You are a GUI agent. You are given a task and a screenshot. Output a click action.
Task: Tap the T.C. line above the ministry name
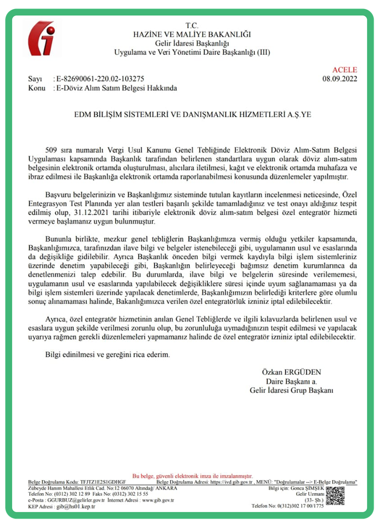tap(191, 26)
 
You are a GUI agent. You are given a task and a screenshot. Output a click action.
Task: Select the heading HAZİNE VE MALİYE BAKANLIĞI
tap(192, 34)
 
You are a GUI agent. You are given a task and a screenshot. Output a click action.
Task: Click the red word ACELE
tap(345, 70)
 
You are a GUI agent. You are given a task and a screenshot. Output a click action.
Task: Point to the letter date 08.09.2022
tap(340, 79)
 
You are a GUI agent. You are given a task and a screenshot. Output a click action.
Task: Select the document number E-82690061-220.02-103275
tap(99, 79)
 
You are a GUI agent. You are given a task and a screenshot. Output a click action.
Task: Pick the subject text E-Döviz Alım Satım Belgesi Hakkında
tap(115, 88)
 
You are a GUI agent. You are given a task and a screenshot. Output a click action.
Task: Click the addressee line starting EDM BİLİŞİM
tap(192, 115)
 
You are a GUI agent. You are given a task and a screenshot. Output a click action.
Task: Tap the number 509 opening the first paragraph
tap(52, 150)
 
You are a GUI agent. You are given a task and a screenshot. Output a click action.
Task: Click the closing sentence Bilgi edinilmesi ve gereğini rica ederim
tap(108, 356)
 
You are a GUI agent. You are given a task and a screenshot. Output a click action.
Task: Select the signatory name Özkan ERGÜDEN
tap(292, 372)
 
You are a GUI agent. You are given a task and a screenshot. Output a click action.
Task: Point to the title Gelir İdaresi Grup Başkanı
tap(292, 390)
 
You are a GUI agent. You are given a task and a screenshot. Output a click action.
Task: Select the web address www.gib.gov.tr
tap(158, 500)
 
